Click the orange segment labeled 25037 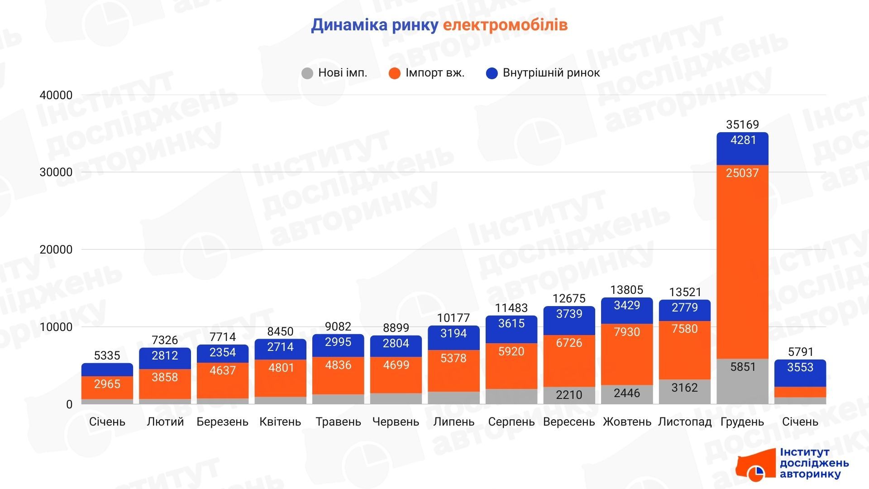742,263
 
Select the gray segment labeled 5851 742,381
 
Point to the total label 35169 742,125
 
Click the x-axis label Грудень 742,422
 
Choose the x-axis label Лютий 165,422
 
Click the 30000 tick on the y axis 56,173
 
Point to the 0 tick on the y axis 69,404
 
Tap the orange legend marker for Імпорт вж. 395,73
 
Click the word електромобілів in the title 505,25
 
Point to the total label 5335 107,356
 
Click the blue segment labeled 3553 800,373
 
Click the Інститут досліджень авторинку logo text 814,464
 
